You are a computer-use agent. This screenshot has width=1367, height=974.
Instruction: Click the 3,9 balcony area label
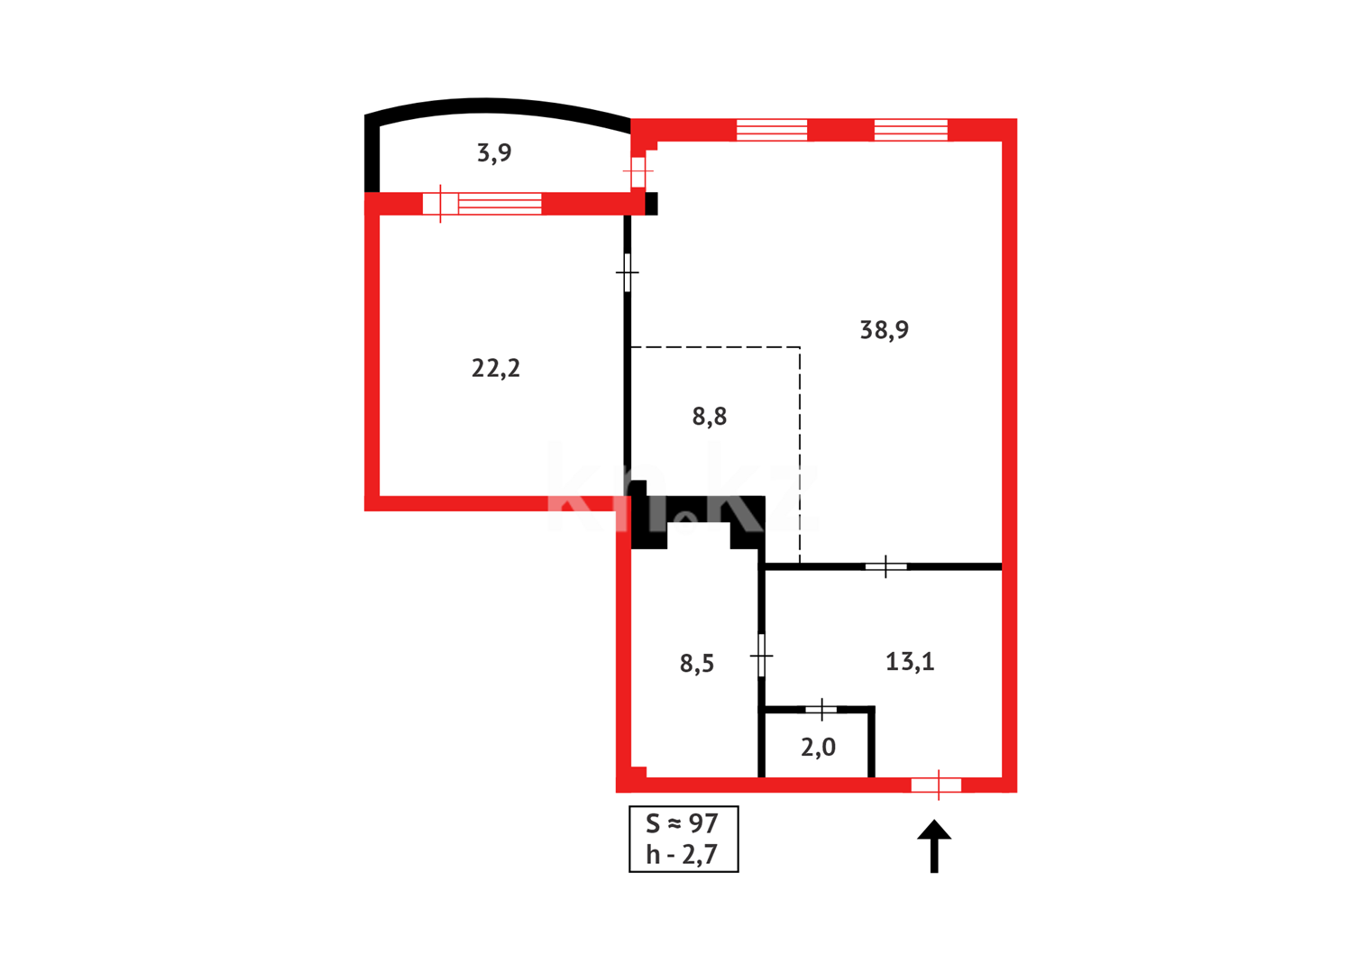(x=494, y=153)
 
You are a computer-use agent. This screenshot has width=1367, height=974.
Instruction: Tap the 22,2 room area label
(x=496, y=368)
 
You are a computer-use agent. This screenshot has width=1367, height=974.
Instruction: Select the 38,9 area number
(x=884, y=330)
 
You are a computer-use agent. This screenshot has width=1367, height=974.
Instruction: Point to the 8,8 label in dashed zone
(x=710, y=417)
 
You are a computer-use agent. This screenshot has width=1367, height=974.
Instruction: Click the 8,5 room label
(x=697, y=664)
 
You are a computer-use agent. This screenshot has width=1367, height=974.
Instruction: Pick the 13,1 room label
(x=910, y=662)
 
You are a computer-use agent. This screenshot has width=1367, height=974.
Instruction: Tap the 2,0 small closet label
(x=818, y=747)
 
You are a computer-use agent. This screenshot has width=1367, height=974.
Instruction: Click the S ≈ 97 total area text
(x=682, y=823)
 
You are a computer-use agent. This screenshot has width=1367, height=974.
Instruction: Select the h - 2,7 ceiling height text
(x=682, y=854)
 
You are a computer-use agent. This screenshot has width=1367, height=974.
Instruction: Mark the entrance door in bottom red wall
(x=937, y=786)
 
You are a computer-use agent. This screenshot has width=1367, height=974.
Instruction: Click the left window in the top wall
(x=772, y=130)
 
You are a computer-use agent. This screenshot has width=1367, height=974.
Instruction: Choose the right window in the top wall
(x=911, y=130)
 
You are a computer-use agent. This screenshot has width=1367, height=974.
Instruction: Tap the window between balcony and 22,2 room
(x=500, y=204)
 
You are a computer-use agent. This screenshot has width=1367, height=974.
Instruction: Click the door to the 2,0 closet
(x=821, y=710)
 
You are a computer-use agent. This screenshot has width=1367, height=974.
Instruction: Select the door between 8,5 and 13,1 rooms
(x=762, y=656)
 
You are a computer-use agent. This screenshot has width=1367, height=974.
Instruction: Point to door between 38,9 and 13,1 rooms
(x=886, y=566)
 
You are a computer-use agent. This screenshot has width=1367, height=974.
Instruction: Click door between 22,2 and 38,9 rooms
(x=628, y=272)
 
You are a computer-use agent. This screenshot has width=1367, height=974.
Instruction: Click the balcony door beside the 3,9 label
(x=638, y=171)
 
